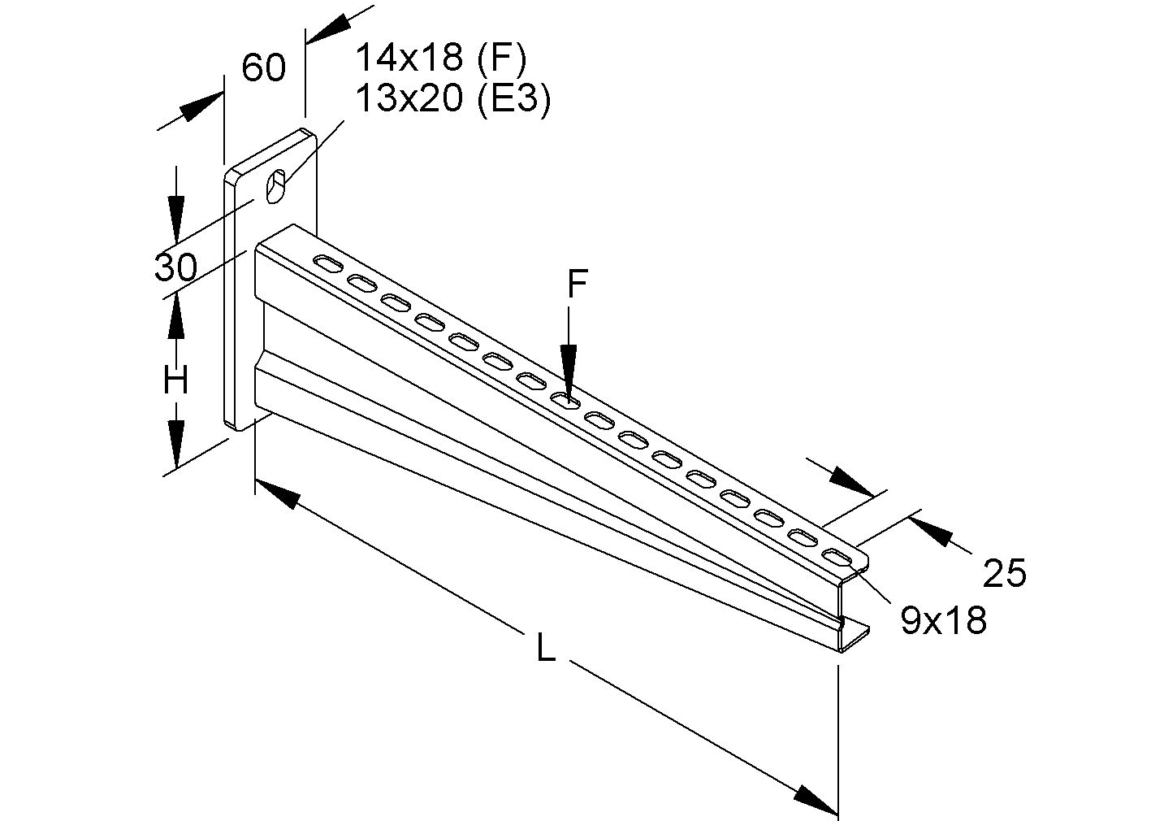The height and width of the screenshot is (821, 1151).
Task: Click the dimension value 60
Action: click(x=264, y=68)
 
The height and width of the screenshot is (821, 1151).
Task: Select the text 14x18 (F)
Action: click(x=441, y=58)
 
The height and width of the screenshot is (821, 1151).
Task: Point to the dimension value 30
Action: click(x=176, y=267)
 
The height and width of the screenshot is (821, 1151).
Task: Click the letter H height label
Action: click(x=175, y=380)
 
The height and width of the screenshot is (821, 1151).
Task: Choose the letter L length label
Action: click(x=546, y=648)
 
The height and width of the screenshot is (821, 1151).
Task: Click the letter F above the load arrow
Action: click(x=576, y=285)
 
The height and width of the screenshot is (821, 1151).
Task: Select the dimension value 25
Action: click(x=1005, y=574)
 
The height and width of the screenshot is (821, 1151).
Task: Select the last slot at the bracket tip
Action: click(x=836, y=557)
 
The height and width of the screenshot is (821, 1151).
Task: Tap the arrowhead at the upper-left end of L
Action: click(x=277, y=493)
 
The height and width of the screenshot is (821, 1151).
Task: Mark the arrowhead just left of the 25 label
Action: click(x=929, y=530)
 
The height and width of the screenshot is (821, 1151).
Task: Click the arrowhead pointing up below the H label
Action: click(x=175, y=322)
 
